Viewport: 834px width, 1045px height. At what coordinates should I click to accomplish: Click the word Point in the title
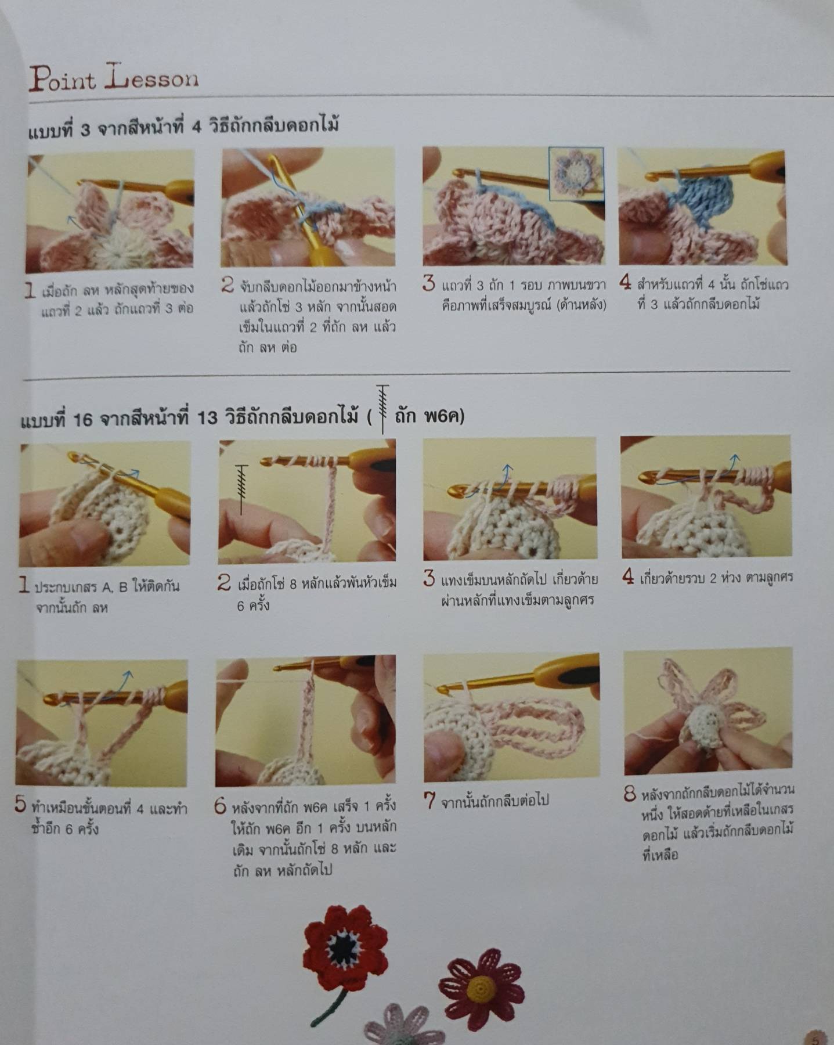tap(62, 80)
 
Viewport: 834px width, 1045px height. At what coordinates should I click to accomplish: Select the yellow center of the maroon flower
tap(480, 984)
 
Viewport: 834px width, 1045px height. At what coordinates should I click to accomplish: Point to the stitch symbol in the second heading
tap(382, 409)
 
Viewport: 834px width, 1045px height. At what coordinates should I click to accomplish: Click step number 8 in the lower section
tap(630, 794)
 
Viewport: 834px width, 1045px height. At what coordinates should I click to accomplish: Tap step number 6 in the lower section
tap(220, 806)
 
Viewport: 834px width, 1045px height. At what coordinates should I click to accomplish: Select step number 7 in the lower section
tap(429, 801)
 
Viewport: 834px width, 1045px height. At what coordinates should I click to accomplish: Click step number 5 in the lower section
tap(21, 805)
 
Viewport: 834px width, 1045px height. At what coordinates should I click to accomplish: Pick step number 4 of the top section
tap(625, 283)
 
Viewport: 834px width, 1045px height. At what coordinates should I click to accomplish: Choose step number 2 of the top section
tap(228, 284)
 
